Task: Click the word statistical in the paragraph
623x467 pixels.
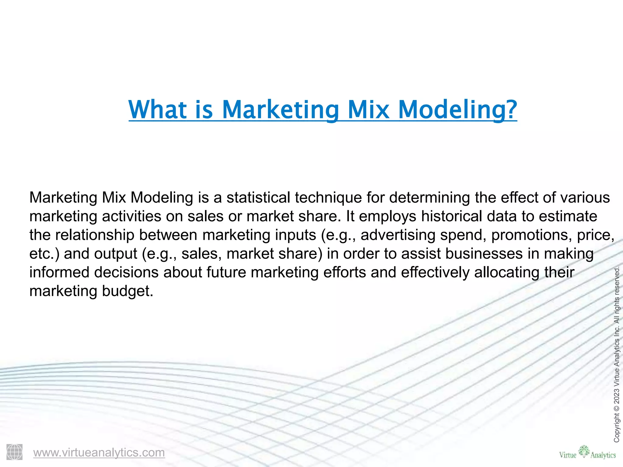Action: point(258,198)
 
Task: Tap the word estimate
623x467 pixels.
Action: point(568,216)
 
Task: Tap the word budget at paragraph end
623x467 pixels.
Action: point(127,291)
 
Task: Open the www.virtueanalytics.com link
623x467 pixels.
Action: point(99,452)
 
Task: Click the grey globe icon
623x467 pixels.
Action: point(14,452)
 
